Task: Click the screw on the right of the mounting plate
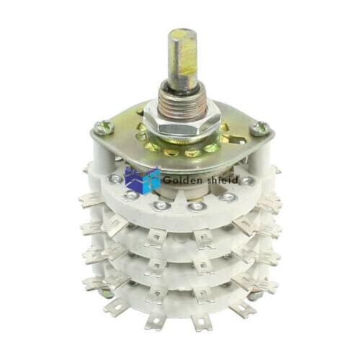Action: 260,129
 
